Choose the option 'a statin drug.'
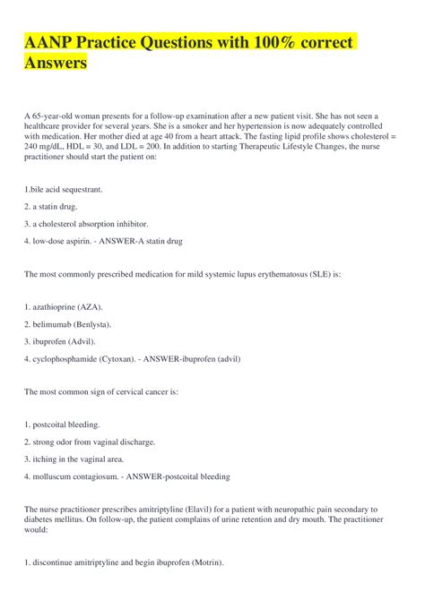(60, 207)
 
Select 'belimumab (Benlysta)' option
(72, 324)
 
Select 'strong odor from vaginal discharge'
(94, 441)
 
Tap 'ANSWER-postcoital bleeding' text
(179, 476)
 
